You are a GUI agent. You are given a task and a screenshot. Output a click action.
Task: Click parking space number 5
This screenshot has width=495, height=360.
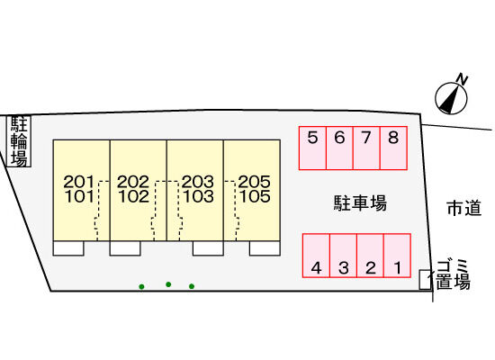click(x=312, y=148)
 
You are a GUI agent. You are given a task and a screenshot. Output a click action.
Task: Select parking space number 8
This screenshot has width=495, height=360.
click(x=393, y=148)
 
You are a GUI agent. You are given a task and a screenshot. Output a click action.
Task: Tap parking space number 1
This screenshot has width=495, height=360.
click(x=397, y=256)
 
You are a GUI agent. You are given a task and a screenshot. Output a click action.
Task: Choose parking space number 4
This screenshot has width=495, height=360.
click(x=316, y=256)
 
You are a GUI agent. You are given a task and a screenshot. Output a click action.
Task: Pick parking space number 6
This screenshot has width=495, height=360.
click(x=339, y=148)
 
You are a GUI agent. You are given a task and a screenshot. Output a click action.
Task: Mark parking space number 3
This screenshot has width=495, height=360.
click(x=344, y=256)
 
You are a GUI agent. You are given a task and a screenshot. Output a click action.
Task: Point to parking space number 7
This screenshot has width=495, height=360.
click(x=366, y=148)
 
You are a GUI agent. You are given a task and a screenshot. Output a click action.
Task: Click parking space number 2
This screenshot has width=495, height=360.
click(x=370, y=256)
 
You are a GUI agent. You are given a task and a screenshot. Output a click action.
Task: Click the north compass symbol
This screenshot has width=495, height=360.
click(x=451, y=98)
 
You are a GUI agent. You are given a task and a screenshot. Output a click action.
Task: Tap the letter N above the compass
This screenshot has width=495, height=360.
click(x=463, y=79)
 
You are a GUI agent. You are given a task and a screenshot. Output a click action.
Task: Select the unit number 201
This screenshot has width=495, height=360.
click(x=79, y=182)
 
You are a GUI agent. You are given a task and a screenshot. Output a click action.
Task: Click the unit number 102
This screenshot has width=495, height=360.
click(x=134, y=196)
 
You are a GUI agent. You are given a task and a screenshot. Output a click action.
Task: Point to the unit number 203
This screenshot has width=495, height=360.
click(x=198, y=182)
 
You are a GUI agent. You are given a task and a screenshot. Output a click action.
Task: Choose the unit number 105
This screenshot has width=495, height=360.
click(x=255, y=196)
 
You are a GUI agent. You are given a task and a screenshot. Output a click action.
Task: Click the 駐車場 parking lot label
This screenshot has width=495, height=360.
click(x=360, y=203)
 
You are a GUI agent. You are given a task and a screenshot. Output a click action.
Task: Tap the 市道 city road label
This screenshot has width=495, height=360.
click(x=464, y=208)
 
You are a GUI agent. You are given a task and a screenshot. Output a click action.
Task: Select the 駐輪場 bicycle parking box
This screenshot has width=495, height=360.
click(x=19, y=141)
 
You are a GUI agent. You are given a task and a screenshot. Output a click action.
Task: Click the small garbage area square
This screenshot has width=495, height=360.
click(x=425, y=280)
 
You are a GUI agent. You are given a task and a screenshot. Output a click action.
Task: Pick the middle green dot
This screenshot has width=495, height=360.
click(x=168, y=284)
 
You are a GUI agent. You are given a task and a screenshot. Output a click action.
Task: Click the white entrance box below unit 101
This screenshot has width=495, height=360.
click(x=68, y=248)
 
